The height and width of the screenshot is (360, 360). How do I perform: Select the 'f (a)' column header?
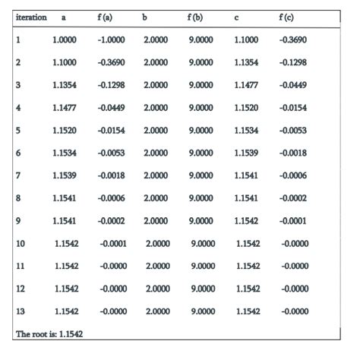click(x=107, y=16)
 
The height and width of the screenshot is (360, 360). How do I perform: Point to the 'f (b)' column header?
click(x=194, y=16)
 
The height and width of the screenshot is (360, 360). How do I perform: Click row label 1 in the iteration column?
click(x=18, y=39)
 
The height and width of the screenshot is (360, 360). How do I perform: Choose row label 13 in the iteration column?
click(x=21, y=311)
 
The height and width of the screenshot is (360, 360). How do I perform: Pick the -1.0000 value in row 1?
click(x=112, y=39)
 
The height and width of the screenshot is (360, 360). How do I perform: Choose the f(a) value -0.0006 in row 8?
click(x=112, y=198)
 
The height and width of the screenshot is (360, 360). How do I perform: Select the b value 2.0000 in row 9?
click(x=156, y=221)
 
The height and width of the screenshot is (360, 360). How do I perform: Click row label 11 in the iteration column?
click(x=21, y=267)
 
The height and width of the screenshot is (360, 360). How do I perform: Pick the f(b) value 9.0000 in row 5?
click(x=200, y=131)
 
